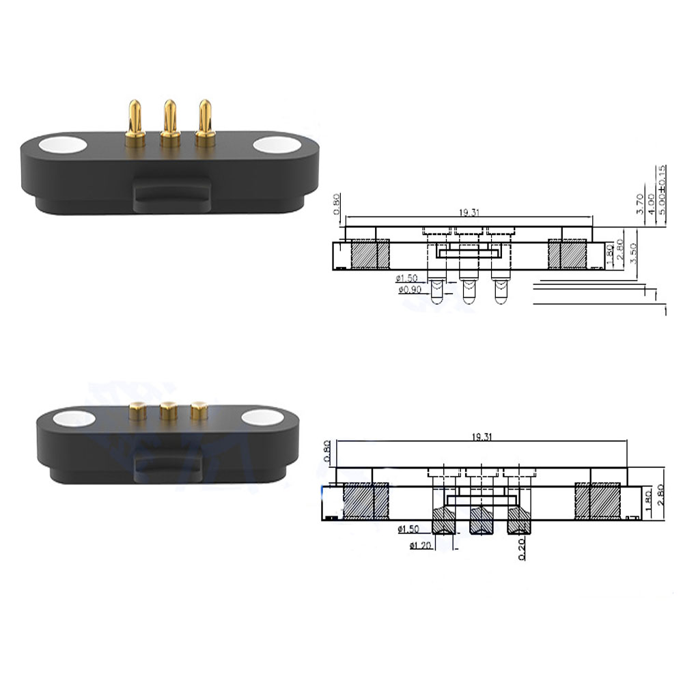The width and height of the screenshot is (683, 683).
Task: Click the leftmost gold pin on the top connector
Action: tap(135, 123)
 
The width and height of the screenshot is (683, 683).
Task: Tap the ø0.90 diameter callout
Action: tap(408, 290)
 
